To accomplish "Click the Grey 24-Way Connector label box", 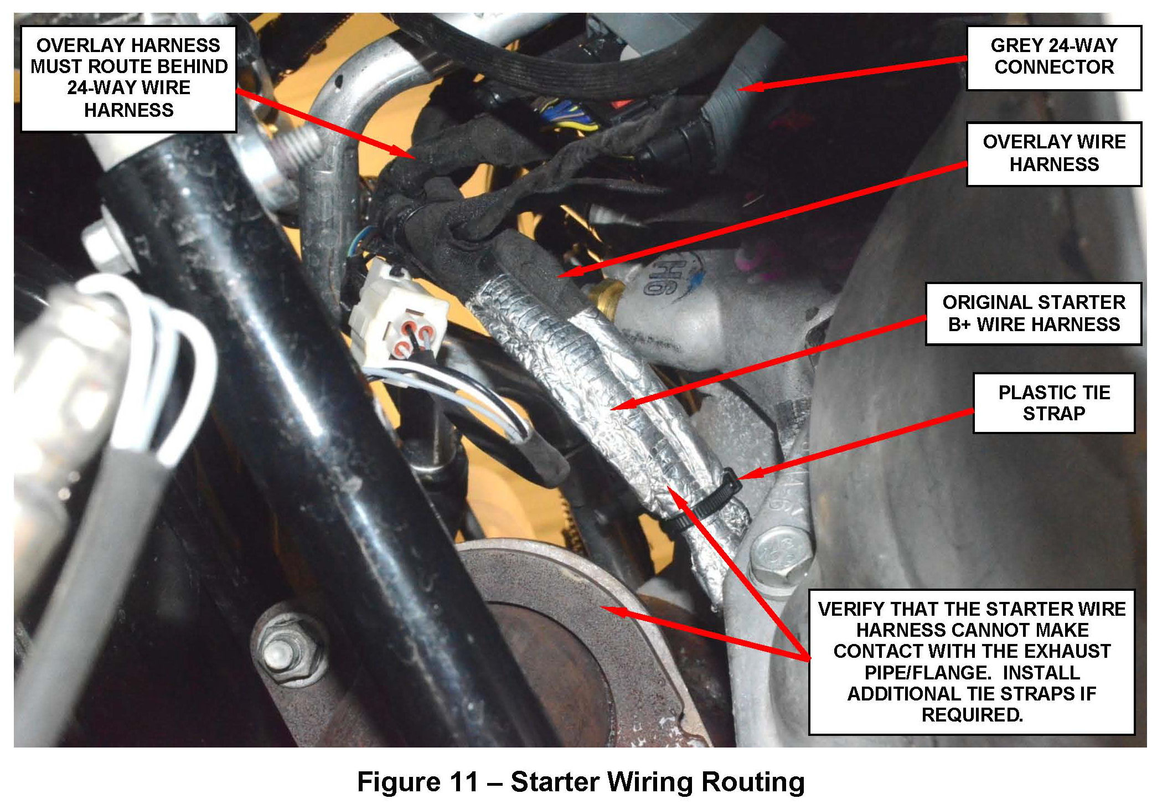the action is [x=1053, y=57].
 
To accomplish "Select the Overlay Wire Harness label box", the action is [x=1053, y=153].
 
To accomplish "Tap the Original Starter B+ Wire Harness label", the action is [x=1034, y=313].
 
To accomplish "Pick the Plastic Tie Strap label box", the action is [x=1053, y=403].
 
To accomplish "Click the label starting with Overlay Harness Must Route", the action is [x=128, y=78].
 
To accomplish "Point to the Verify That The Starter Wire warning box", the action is [x=972, y=662].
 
